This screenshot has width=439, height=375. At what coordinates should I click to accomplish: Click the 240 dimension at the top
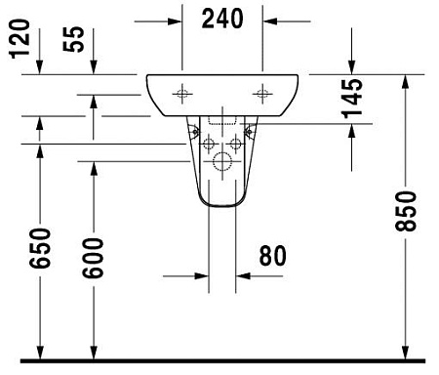(222, 17)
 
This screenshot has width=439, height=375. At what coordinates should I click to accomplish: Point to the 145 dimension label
(352, 99)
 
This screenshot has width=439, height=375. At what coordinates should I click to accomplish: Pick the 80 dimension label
(273, 257)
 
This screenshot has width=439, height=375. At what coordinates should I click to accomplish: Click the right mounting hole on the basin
(262, 94)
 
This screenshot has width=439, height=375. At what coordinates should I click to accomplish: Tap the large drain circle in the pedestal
(222, 162)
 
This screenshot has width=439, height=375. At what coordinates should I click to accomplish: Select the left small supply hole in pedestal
(209, 143)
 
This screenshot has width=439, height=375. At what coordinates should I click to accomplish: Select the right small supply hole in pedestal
(236, 143)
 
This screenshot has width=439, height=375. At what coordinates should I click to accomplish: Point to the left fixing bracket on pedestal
(196, 129)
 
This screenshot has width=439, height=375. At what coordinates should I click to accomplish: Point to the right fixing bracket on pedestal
(249, 129)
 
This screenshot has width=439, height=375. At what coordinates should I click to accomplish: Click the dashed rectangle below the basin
(222, 124)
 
